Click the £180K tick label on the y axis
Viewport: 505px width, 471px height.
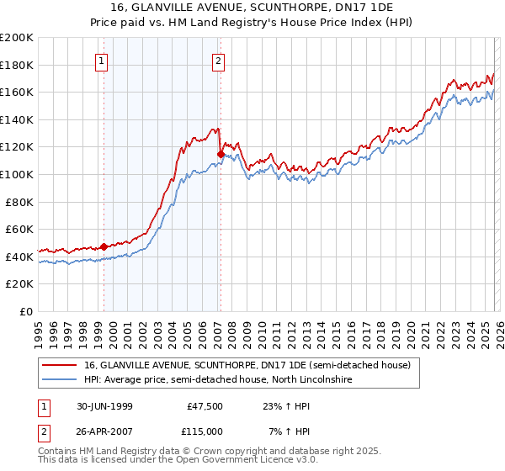(17, 65)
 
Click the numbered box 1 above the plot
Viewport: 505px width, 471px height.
(102, 60)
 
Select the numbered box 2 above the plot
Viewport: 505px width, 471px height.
(219, 60)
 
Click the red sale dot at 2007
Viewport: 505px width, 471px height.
(221, 154)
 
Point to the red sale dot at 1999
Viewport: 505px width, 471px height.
(104, 246)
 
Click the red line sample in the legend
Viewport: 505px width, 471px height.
(59, 366)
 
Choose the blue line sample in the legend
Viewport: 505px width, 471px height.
(59, 380)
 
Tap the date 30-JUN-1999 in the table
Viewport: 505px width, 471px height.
(102, 405)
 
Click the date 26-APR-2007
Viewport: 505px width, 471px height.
(102, 431)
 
